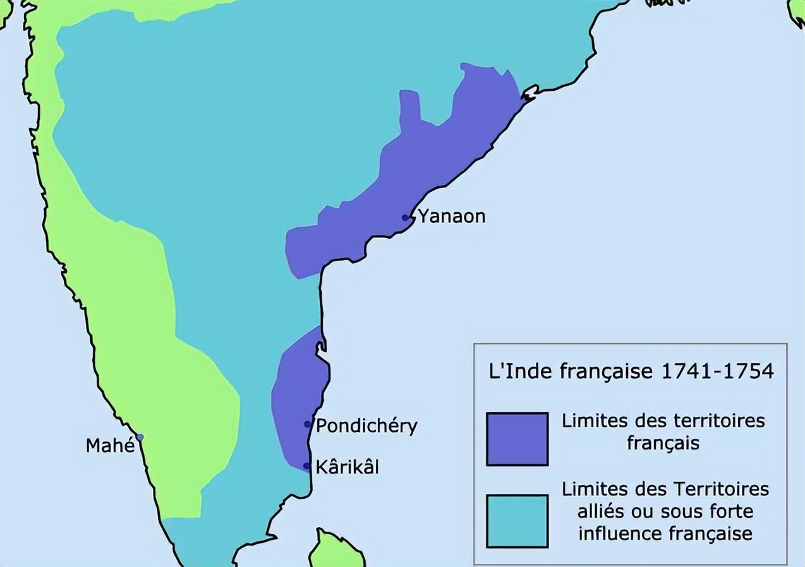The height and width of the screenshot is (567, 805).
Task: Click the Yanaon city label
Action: [x=452, y=217]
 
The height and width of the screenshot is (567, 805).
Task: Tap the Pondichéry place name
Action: [x=366, y=426]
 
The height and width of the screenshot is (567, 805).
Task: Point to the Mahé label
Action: [x=110, y=446]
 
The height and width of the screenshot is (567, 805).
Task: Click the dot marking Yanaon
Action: [x=406, y=218]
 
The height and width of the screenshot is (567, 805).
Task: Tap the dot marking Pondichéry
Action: [x=308, y=424]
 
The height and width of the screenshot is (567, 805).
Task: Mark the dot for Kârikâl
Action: [x=306, y=467]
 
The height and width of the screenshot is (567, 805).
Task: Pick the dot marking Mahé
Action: [x=140, y=437]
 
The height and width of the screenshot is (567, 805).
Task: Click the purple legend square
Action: [x=517, y=439]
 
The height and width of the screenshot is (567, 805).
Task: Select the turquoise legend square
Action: [x=517, y=521]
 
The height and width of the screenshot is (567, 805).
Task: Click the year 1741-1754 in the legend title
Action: [x=717, y=371]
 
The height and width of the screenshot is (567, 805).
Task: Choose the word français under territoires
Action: [x=663, y=443]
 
